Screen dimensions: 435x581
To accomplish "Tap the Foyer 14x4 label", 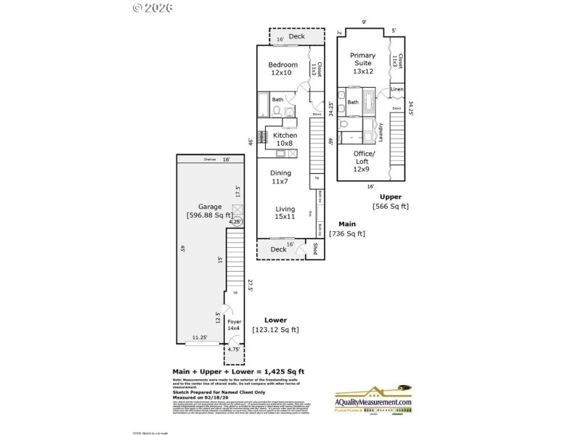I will (x=234, y=324).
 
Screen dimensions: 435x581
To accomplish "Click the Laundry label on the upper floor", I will (x=381, y=132).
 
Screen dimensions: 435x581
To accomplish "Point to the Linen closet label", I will (x=397, y=90).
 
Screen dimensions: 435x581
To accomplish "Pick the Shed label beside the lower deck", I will (x=315, y=249).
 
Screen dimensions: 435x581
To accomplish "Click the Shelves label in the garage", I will (x=210, y=160).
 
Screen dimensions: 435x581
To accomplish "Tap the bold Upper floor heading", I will (x=391, y=196).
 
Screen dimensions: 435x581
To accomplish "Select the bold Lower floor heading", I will (x=275, y=320).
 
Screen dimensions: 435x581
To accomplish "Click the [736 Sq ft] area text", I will (x=347, y=233).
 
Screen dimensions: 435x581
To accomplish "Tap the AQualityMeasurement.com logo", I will (x=373, y=403).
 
